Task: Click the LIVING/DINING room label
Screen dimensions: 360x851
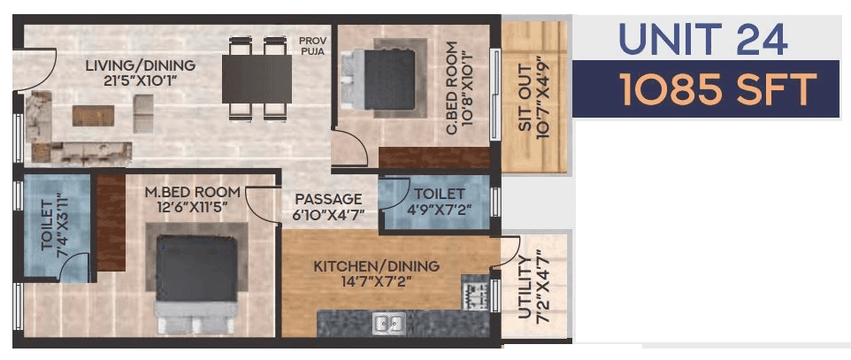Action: point(141,65)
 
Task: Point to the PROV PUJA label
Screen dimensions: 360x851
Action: point(312,47)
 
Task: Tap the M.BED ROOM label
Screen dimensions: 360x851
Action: point(193,192)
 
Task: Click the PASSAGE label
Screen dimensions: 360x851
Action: point(328,199)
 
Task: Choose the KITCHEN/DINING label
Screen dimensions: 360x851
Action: point(376,266)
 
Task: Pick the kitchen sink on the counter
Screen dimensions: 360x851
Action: point(389,324)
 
